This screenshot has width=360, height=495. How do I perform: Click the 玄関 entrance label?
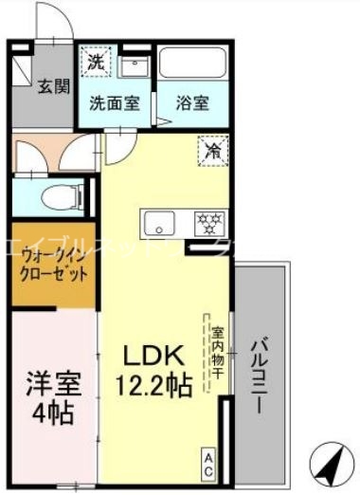click(53, 87)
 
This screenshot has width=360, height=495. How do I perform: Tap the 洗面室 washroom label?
click(115, 102)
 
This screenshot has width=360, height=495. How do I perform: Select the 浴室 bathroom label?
click(192, 102)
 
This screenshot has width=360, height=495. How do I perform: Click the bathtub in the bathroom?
click(192, 63)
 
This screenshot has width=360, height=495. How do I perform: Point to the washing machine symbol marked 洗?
click(97, 63)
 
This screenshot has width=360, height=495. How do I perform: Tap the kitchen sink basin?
click(157, 225)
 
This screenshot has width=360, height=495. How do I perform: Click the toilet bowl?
click(65, 197)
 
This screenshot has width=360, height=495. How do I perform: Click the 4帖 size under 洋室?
click(53, 414)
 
